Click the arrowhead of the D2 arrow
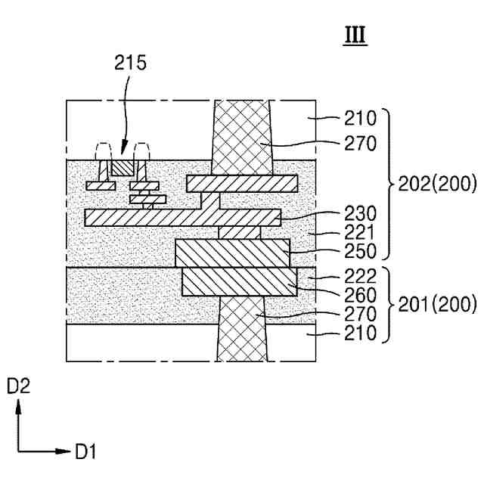tap(18, 407)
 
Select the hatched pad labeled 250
tap(232, 253)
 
